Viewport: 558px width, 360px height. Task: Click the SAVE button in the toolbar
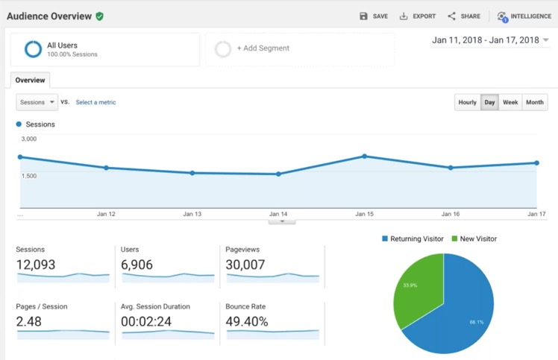(x=374, y=16)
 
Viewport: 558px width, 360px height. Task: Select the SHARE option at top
(x=464, y=16)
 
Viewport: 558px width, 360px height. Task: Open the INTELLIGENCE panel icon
(x=502, y=16)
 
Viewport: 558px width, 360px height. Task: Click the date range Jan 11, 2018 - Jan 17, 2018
(x=485, y=40)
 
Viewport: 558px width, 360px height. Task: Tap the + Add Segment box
(x=263, y=48)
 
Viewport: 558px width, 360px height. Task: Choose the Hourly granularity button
(x=467, y=102)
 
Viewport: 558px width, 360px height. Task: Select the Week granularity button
(x=510, y=102)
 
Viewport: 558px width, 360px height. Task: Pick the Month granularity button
(x=535, y=102)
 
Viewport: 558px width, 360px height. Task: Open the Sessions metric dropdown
(x=37, y=102)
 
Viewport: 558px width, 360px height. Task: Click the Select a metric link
(x=95, y=102)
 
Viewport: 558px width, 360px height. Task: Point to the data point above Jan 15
(x=364, y=156)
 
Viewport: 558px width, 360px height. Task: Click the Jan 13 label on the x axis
(x=192, y=214)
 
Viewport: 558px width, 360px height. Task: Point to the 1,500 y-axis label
(x=30, y=176)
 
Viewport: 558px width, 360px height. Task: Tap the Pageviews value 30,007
(x=246, y=265)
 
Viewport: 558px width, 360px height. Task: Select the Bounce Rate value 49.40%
(x=247, y=321)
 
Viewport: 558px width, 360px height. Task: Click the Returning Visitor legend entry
(x=413, y=239)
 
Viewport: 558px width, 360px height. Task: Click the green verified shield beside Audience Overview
(x=100, y=16)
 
